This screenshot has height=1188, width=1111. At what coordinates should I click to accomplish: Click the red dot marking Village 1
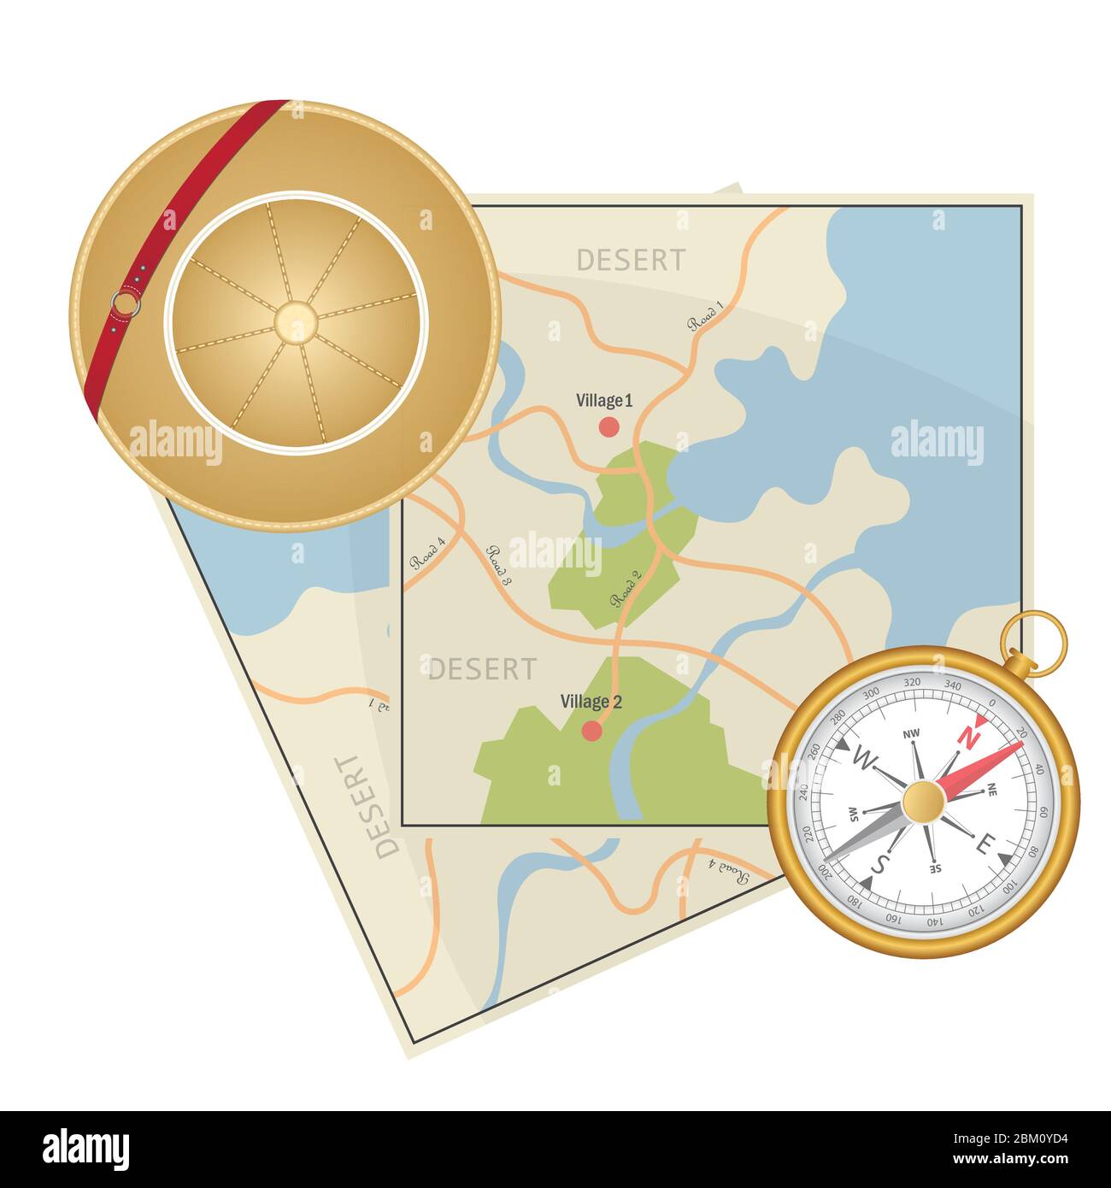608,426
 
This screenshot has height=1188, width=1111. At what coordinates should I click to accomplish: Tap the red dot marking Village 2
591,731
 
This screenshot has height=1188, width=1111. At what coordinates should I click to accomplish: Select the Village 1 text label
604,400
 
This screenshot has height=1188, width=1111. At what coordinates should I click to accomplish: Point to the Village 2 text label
591,702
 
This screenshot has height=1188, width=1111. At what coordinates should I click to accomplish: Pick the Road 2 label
626,589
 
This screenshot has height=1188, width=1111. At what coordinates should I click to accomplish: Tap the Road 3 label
498,565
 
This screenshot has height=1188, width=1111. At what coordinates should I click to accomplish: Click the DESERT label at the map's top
631,260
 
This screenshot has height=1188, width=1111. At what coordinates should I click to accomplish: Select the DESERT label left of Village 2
482,669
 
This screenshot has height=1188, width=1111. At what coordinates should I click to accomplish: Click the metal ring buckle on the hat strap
125,303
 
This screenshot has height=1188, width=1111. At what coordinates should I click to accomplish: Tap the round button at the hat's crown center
295,321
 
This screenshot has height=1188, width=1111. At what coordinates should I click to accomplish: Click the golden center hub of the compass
924,802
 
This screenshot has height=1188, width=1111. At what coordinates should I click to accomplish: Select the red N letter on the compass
968,735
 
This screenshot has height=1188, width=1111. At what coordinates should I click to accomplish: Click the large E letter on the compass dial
984,845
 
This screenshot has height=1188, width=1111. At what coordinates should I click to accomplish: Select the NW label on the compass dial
911,733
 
